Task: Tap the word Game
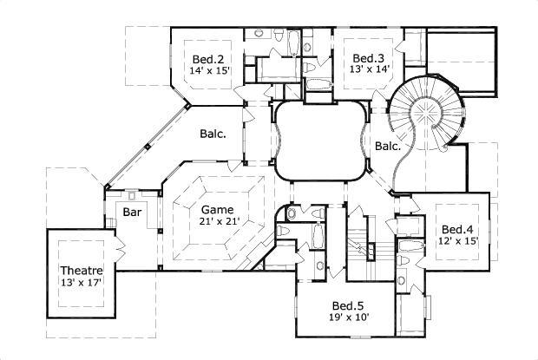point(217,210)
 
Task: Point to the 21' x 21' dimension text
point(217,222)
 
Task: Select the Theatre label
point(82,270)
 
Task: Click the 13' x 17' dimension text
point(82,282)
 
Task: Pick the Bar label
point(132,212)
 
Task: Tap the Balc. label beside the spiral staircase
point(387,147)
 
